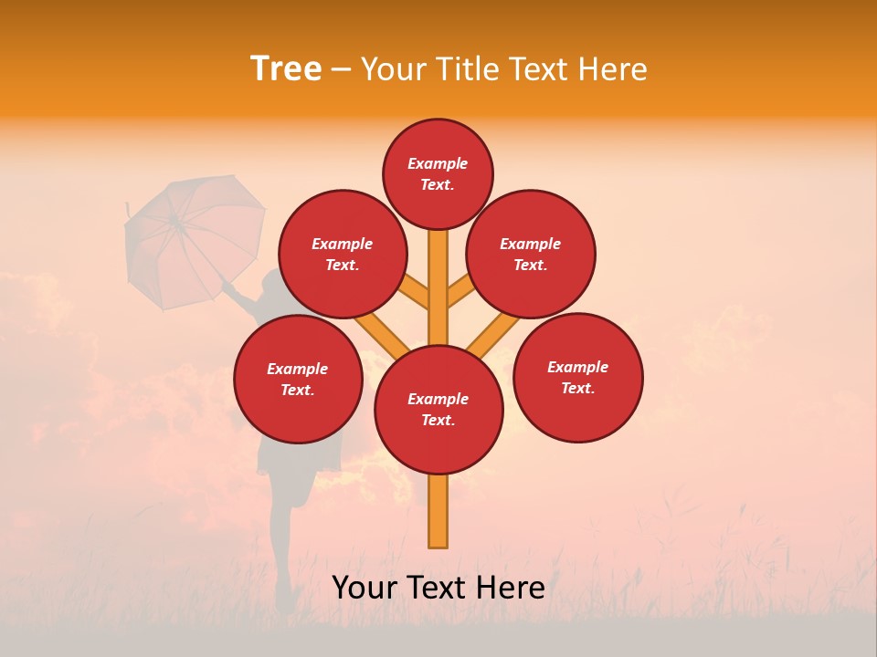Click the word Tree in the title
tap(286, 68)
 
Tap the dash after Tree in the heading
tap(341, 70)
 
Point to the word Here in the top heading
tap(611, 69)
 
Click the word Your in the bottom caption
tap(366, 588)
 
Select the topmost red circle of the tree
tap(438, 173)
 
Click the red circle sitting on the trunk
tap(438, 410)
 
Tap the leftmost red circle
tap(298, 379)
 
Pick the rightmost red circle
tap(577, 377)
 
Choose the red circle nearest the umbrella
tap(342, 254)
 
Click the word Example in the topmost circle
tap(438, 163)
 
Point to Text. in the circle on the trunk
tap(438, 421)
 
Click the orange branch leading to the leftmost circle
tap(383, 336)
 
